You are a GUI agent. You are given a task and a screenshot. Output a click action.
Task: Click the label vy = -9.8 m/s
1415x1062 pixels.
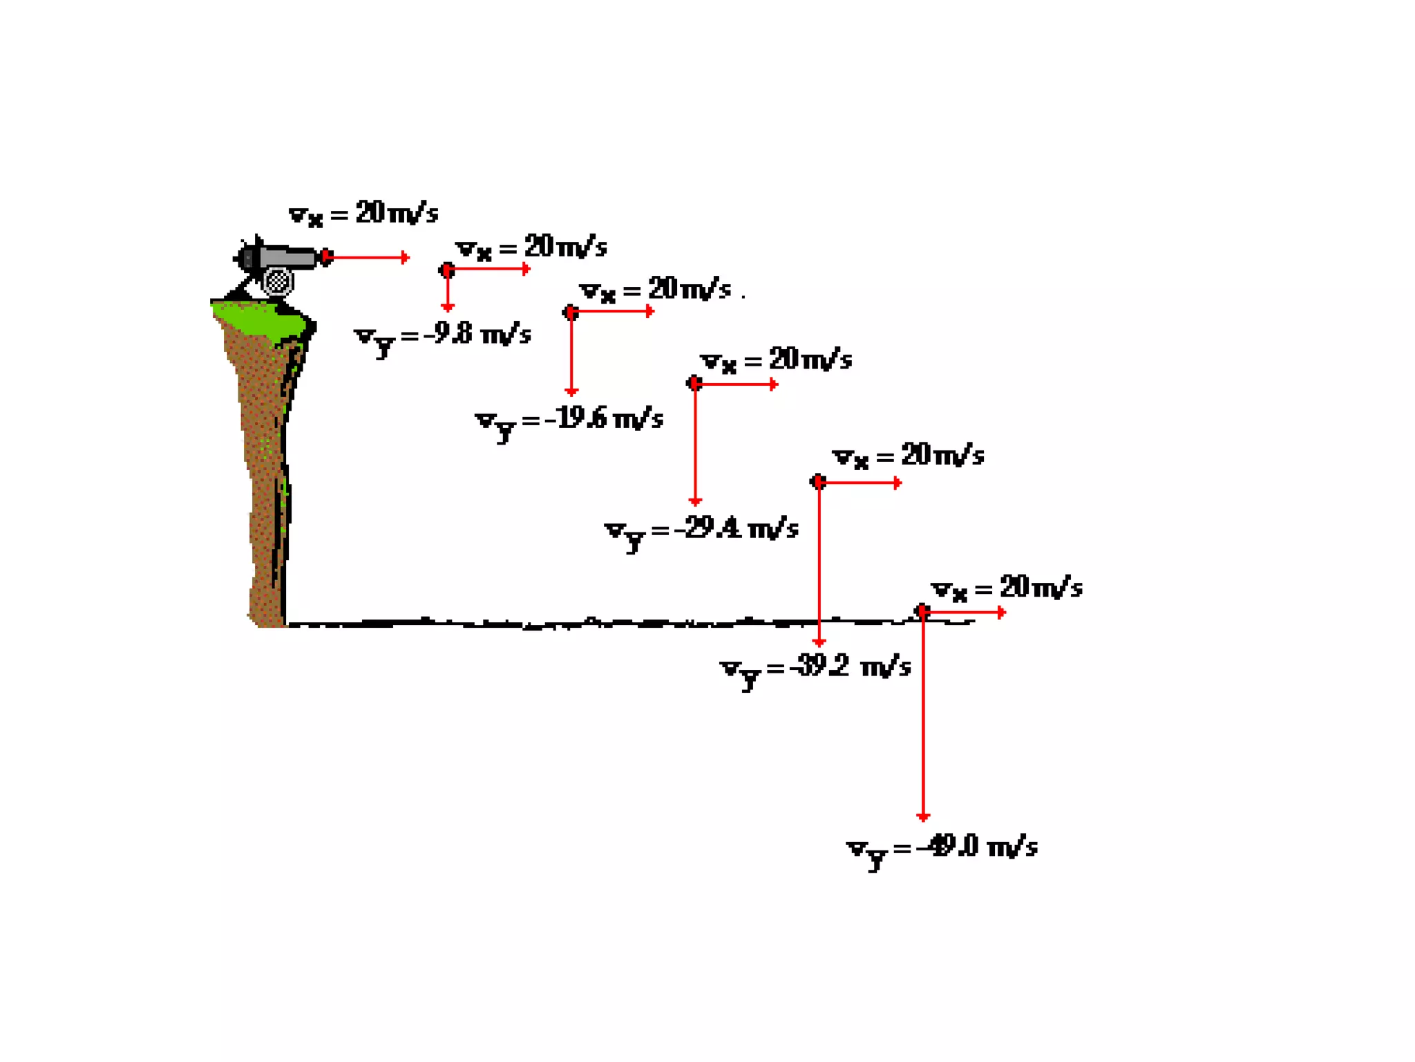(x=442, y=337)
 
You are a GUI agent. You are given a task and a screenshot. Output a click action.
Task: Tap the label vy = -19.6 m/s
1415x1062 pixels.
(x=569, y=421)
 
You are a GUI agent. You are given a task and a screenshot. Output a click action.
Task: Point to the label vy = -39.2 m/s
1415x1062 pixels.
(x=815, y=669)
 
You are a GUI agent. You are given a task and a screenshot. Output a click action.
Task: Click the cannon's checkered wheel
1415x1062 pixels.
(x=278, y=281)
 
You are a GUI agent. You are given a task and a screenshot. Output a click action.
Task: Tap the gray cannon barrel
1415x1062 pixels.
(x=287, y=257)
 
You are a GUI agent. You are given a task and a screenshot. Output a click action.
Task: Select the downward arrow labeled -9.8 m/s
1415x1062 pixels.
(x=448, y=290)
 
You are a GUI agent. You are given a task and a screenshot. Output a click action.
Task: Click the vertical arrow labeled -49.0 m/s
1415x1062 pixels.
(x=923, y=719)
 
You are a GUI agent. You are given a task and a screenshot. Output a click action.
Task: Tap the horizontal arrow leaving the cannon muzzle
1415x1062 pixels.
(x=370, y=258)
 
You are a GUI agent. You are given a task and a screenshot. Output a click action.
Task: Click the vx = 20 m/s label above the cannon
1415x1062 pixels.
(x=363, y=214)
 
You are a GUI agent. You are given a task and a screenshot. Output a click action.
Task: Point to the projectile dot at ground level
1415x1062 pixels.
(x=922, y=611)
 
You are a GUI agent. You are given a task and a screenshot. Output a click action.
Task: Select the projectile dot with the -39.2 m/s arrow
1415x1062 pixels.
(x=818, y=481)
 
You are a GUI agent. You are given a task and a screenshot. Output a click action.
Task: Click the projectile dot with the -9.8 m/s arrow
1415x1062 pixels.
(x=447, y=270)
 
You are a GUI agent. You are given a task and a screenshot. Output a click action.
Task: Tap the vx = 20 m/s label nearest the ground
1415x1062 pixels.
(x=1006, y=588)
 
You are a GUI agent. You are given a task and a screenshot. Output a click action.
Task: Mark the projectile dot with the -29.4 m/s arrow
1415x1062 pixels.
(x=694, y=383)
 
